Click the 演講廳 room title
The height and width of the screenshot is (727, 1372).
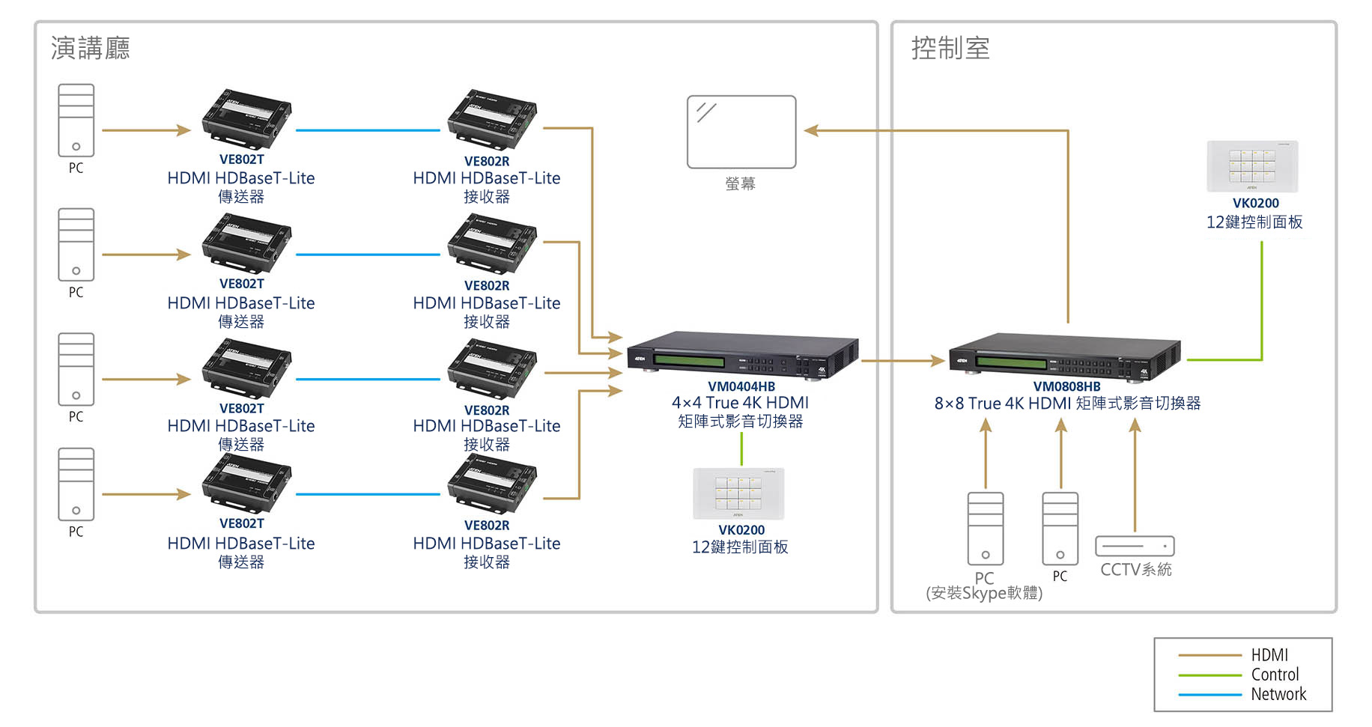[x=90, y=49]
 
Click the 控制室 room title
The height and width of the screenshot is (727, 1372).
[x=950, y=49]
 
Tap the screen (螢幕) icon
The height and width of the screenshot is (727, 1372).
[x=741, y=132]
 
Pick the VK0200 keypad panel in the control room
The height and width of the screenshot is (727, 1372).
[x=1252, y=166]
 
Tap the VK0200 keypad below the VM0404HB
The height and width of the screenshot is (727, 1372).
[x=738, y=493]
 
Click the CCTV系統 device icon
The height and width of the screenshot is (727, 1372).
[x=1135, y=546]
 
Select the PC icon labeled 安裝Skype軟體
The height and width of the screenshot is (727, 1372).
[x=985, y=529]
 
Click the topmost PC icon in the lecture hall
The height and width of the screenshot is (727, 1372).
[x=76, y=120]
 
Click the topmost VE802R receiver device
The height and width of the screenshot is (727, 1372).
[x=492, y=120]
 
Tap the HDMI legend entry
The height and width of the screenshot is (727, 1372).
[x=1269, y=655]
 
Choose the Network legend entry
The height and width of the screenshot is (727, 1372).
[x=1278, y=694]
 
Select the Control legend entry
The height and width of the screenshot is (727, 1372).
[x=1275, y=675]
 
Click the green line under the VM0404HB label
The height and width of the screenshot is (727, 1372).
[x=741, y=449]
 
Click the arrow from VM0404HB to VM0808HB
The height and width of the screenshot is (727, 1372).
[x=902, y=361]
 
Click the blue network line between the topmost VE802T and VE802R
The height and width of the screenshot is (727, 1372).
[x=368, y=130]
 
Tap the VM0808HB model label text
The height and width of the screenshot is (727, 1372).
[x=1066, y=386]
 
